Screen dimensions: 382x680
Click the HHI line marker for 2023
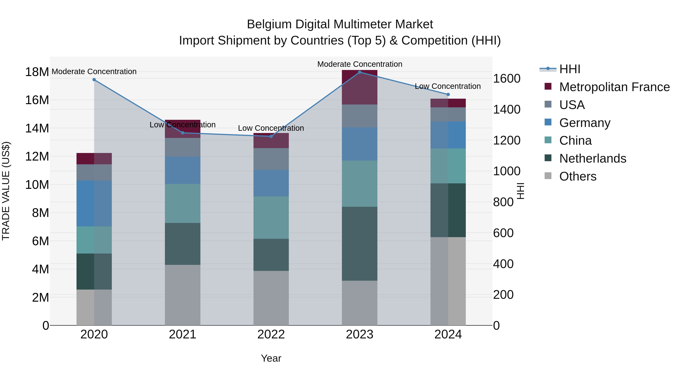tap(359, 72)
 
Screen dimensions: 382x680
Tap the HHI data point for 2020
tap(94, 80)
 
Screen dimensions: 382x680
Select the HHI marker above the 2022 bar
tap(271, 136)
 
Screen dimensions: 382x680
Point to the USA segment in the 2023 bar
tap(359, 116)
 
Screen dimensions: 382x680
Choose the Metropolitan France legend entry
tap(614, 87)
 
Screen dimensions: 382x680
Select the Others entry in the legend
tap(578, 176)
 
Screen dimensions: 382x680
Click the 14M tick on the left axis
tap(37, 128)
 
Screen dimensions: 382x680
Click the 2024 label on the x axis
tap(448, 334)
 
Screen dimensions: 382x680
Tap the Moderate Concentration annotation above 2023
tap(359, 64)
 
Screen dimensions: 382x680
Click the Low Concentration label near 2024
tap(448, 86)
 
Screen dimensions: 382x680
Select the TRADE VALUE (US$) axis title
tap(6, 191)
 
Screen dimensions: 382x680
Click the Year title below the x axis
tap(271, 358)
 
